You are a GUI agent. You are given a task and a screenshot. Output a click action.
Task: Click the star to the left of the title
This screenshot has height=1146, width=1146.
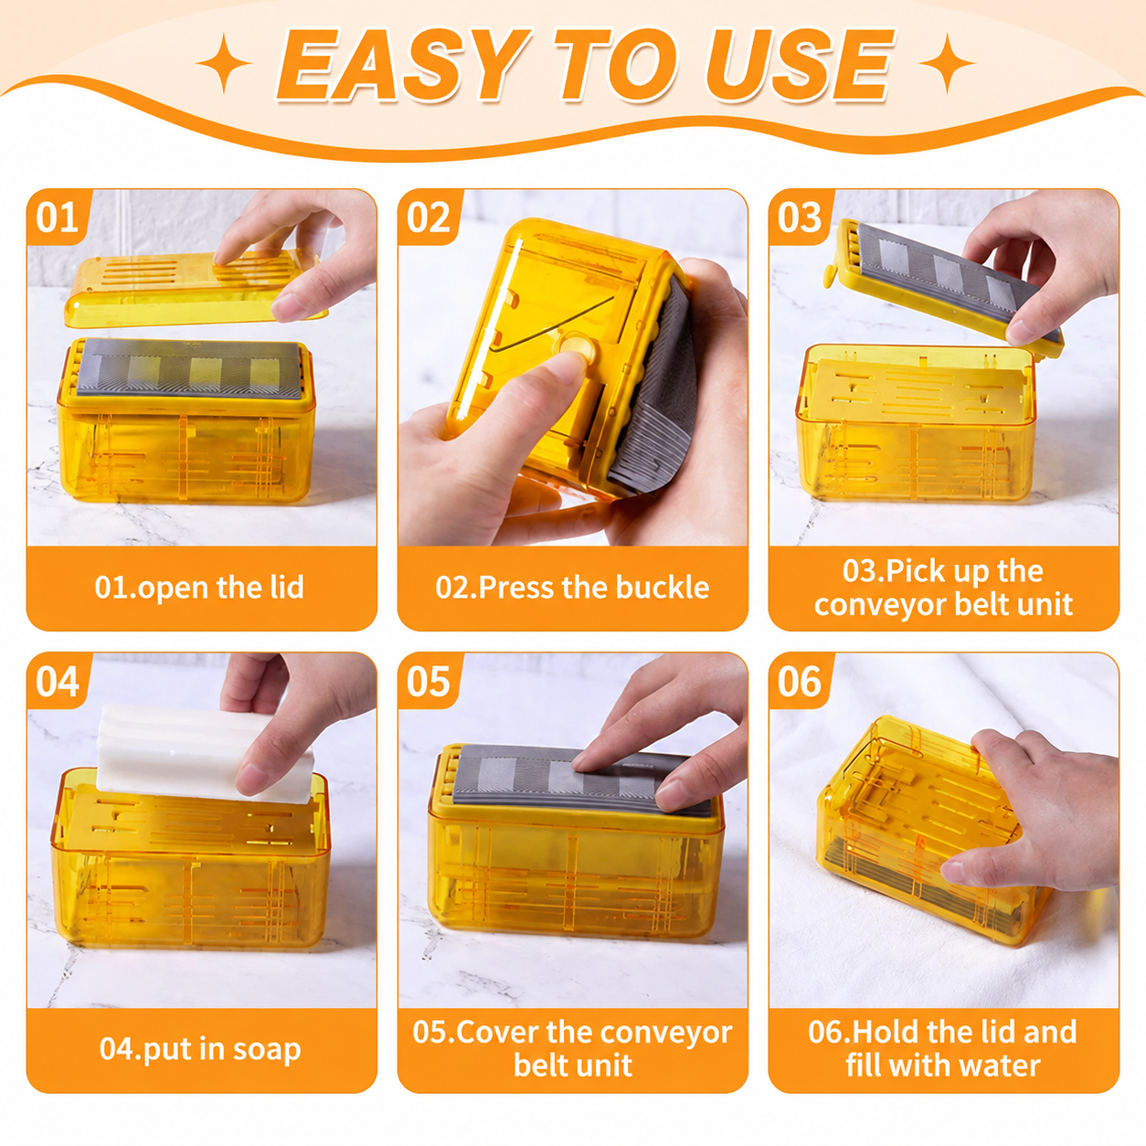coord(224,62)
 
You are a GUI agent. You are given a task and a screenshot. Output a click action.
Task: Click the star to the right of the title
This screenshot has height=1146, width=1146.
coord(947,62)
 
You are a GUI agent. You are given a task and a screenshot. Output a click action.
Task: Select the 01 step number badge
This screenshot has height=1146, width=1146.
coord(58,217)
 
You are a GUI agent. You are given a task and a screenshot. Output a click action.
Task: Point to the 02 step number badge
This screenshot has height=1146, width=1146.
coord(429,217)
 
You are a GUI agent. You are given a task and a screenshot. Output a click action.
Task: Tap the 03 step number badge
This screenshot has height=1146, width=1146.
coord(800,217)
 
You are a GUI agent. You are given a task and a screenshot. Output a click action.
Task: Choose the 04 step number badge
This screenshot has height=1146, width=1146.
coord(58,680)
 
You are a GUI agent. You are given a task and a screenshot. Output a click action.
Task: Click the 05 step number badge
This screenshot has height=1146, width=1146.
coord(429,680)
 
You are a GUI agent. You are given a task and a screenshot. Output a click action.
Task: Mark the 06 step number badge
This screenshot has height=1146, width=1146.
coord(800,680)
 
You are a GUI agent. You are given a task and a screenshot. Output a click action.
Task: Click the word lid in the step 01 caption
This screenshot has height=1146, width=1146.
coord(287,587)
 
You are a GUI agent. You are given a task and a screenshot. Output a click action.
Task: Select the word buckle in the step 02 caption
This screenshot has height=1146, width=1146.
coord(662,587)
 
